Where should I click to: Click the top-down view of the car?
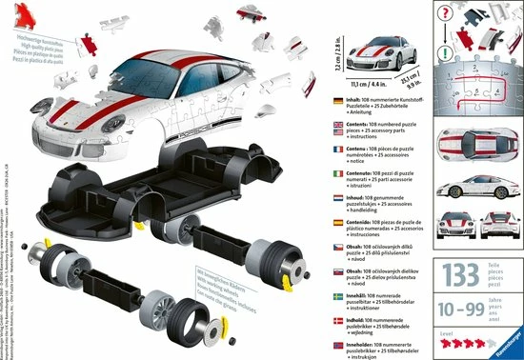click(474, 143)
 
